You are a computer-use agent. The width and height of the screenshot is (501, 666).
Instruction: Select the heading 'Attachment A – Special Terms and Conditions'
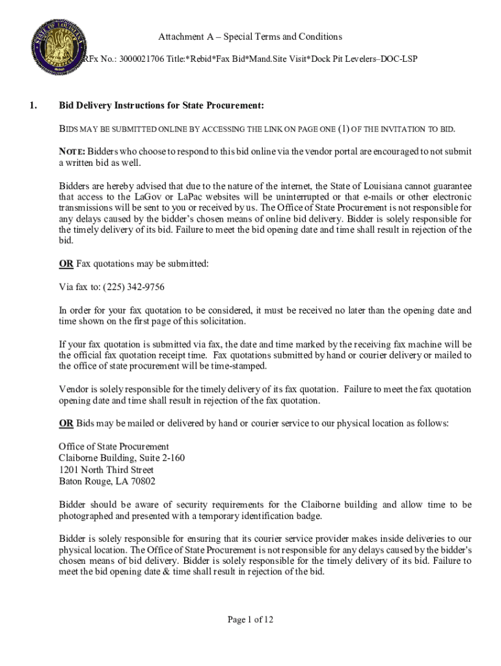coord(250,36)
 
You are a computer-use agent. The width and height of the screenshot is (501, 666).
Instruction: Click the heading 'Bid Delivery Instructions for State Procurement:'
coord(161,105)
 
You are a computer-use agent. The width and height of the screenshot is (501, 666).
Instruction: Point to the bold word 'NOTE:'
coord(72,152)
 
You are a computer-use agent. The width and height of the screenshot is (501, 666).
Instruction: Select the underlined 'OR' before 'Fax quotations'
coord(66,263)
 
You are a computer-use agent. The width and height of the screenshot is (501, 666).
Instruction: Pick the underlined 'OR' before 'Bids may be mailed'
coord(66,423)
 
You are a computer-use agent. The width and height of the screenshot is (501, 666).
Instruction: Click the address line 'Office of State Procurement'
coord(114,447)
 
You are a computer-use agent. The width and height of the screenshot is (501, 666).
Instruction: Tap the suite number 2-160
coord(170,459)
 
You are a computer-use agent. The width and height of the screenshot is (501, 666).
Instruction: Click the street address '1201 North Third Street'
coord(106,470)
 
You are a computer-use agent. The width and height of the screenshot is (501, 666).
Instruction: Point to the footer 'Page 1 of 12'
coord(251,620)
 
